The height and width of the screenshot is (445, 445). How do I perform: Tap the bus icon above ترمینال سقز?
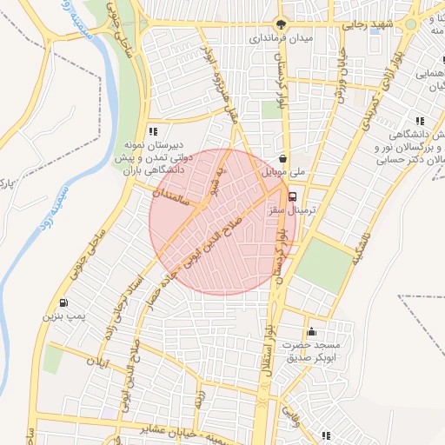[293, 196]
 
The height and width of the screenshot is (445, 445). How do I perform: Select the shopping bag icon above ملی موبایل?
[284, 158]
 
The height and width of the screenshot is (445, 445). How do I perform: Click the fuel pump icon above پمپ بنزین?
[63, 302]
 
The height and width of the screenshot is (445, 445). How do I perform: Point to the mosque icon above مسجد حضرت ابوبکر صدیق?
[311, 330]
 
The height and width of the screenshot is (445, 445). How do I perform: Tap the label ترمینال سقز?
[300, 211]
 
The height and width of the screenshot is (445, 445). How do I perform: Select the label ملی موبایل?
[284, 172]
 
